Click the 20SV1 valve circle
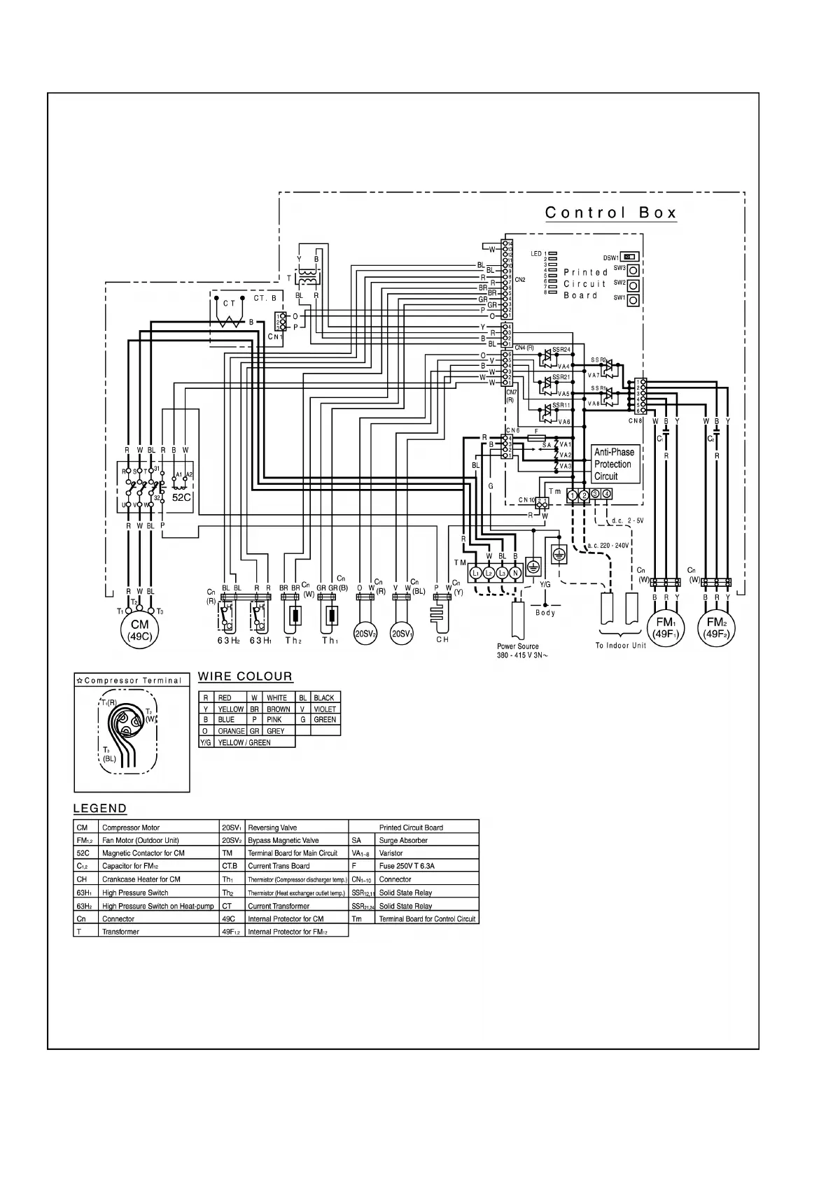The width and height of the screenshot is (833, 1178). click(402, 633)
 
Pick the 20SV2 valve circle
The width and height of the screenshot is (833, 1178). click(365, 633)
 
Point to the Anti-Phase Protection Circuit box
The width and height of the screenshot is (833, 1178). click(614, 464)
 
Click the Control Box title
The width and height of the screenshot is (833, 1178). click(610, 213)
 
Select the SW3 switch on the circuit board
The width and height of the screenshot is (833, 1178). click(633, 270)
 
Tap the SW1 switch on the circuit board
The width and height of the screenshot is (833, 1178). click(633, 300)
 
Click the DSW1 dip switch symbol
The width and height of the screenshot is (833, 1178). click(630, 257)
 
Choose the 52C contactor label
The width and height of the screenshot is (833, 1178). click(181, 497)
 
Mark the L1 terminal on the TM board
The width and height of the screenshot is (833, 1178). click(476, 573)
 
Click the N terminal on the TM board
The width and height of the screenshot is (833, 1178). click(515, 573)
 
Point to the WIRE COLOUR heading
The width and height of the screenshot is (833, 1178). click(245, 676)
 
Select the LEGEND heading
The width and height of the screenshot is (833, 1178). click(100, 809)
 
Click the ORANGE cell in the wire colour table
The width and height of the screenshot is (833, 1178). click(231, 731)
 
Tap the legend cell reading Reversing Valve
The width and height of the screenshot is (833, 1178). click(273, 828)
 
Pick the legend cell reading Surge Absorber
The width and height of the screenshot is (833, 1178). click(403, 840)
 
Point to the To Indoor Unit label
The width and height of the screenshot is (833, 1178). click(620, 646)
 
